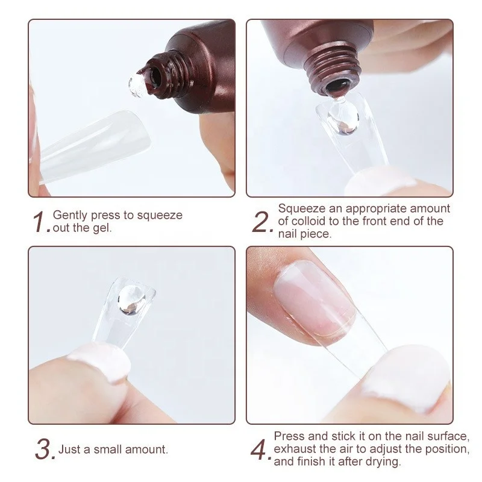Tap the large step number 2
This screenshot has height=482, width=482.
click(x=262, y=222)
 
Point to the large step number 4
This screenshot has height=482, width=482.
click(x=262, y=449)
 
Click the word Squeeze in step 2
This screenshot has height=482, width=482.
click(x=298, y=208)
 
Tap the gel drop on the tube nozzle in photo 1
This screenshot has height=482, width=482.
click(x=135, y=86)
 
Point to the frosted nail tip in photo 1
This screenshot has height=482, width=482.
click(x=96, y=148)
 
